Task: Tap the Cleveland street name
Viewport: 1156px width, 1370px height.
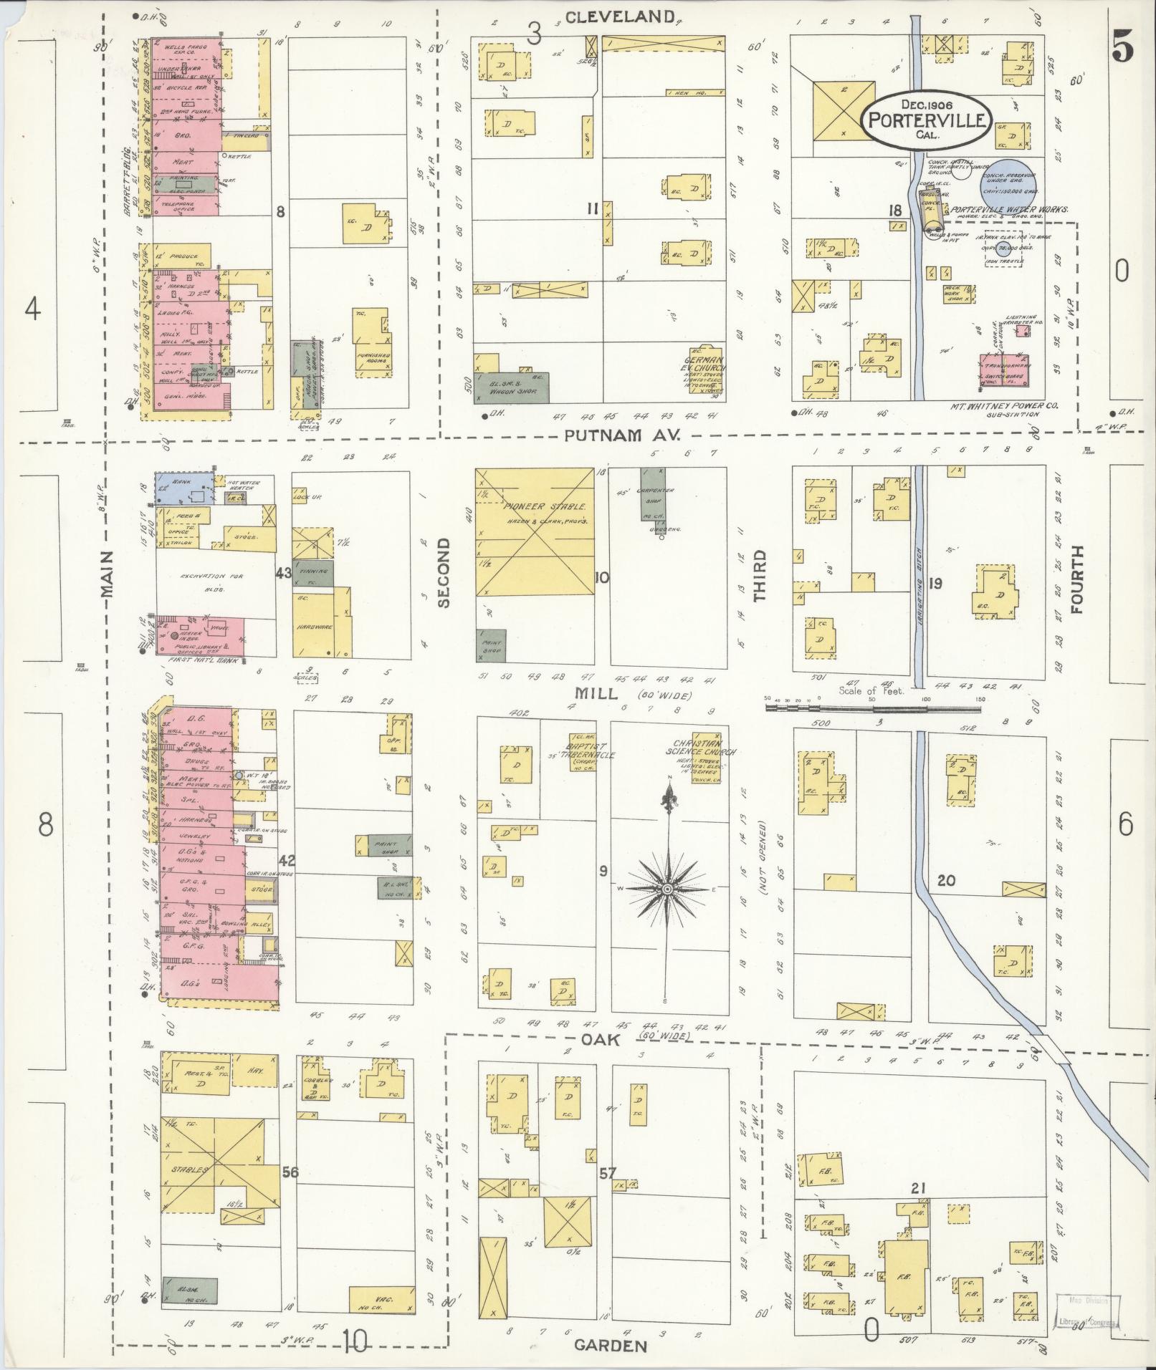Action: [620, 17]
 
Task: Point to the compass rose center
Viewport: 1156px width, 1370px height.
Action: [667, 889]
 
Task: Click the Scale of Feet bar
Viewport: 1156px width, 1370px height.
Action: [873, 707]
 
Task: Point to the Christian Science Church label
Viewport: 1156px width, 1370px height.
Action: [703, 748]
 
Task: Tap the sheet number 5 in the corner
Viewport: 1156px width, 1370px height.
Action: [1123, 48]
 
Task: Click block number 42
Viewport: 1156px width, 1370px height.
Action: [287, 860]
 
